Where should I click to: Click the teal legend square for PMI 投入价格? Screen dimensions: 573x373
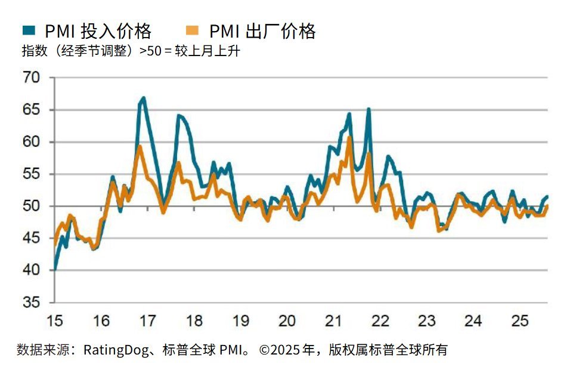pos(29,30)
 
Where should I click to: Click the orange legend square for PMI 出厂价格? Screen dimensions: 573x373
pos(192,30)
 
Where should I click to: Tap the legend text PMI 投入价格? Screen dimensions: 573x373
pos(98,31)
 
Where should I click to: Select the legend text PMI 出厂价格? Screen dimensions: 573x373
pos(262,31)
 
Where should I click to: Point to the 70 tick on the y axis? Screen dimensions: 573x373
pos(31,78)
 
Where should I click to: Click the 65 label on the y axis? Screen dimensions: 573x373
pos(31,110)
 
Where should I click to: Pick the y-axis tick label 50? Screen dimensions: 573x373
pos(31,206)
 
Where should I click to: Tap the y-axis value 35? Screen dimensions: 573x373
pos(31,303)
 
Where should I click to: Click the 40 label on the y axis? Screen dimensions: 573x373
pos(31,270)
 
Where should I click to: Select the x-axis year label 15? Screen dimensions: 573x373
pos(55,321)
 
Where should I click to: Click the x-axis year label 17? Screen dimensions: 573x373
pos(148,321)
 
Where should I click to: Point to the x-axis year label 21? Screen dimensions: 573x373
pos(333,321)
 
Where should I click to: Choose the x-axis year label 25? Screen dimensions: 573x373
pos(520,321)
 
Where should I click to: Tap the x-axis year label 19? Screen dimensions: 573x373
pos(240,321)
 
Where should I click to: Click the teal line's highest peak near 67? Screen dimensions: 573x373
pos(144,98)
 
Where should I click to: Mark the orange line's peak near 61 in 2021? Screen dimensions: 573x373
pos(349,137)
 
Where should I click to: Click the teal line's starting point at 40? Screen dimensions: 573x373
pos(55,269)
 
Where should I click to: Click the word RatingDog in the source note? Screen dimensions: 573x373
pos(116,350)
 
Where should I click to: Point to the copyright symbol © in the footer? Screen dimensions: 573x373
pos(265,350)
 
